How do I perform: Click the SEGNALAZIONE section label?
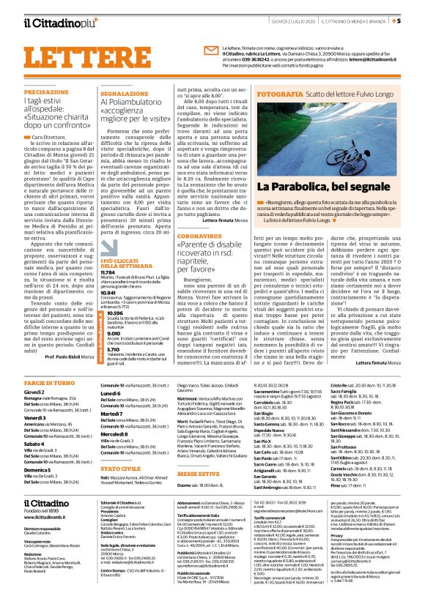[x=125, y=94]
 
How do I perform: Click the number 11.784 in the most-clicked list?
[x=108, y=271]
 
